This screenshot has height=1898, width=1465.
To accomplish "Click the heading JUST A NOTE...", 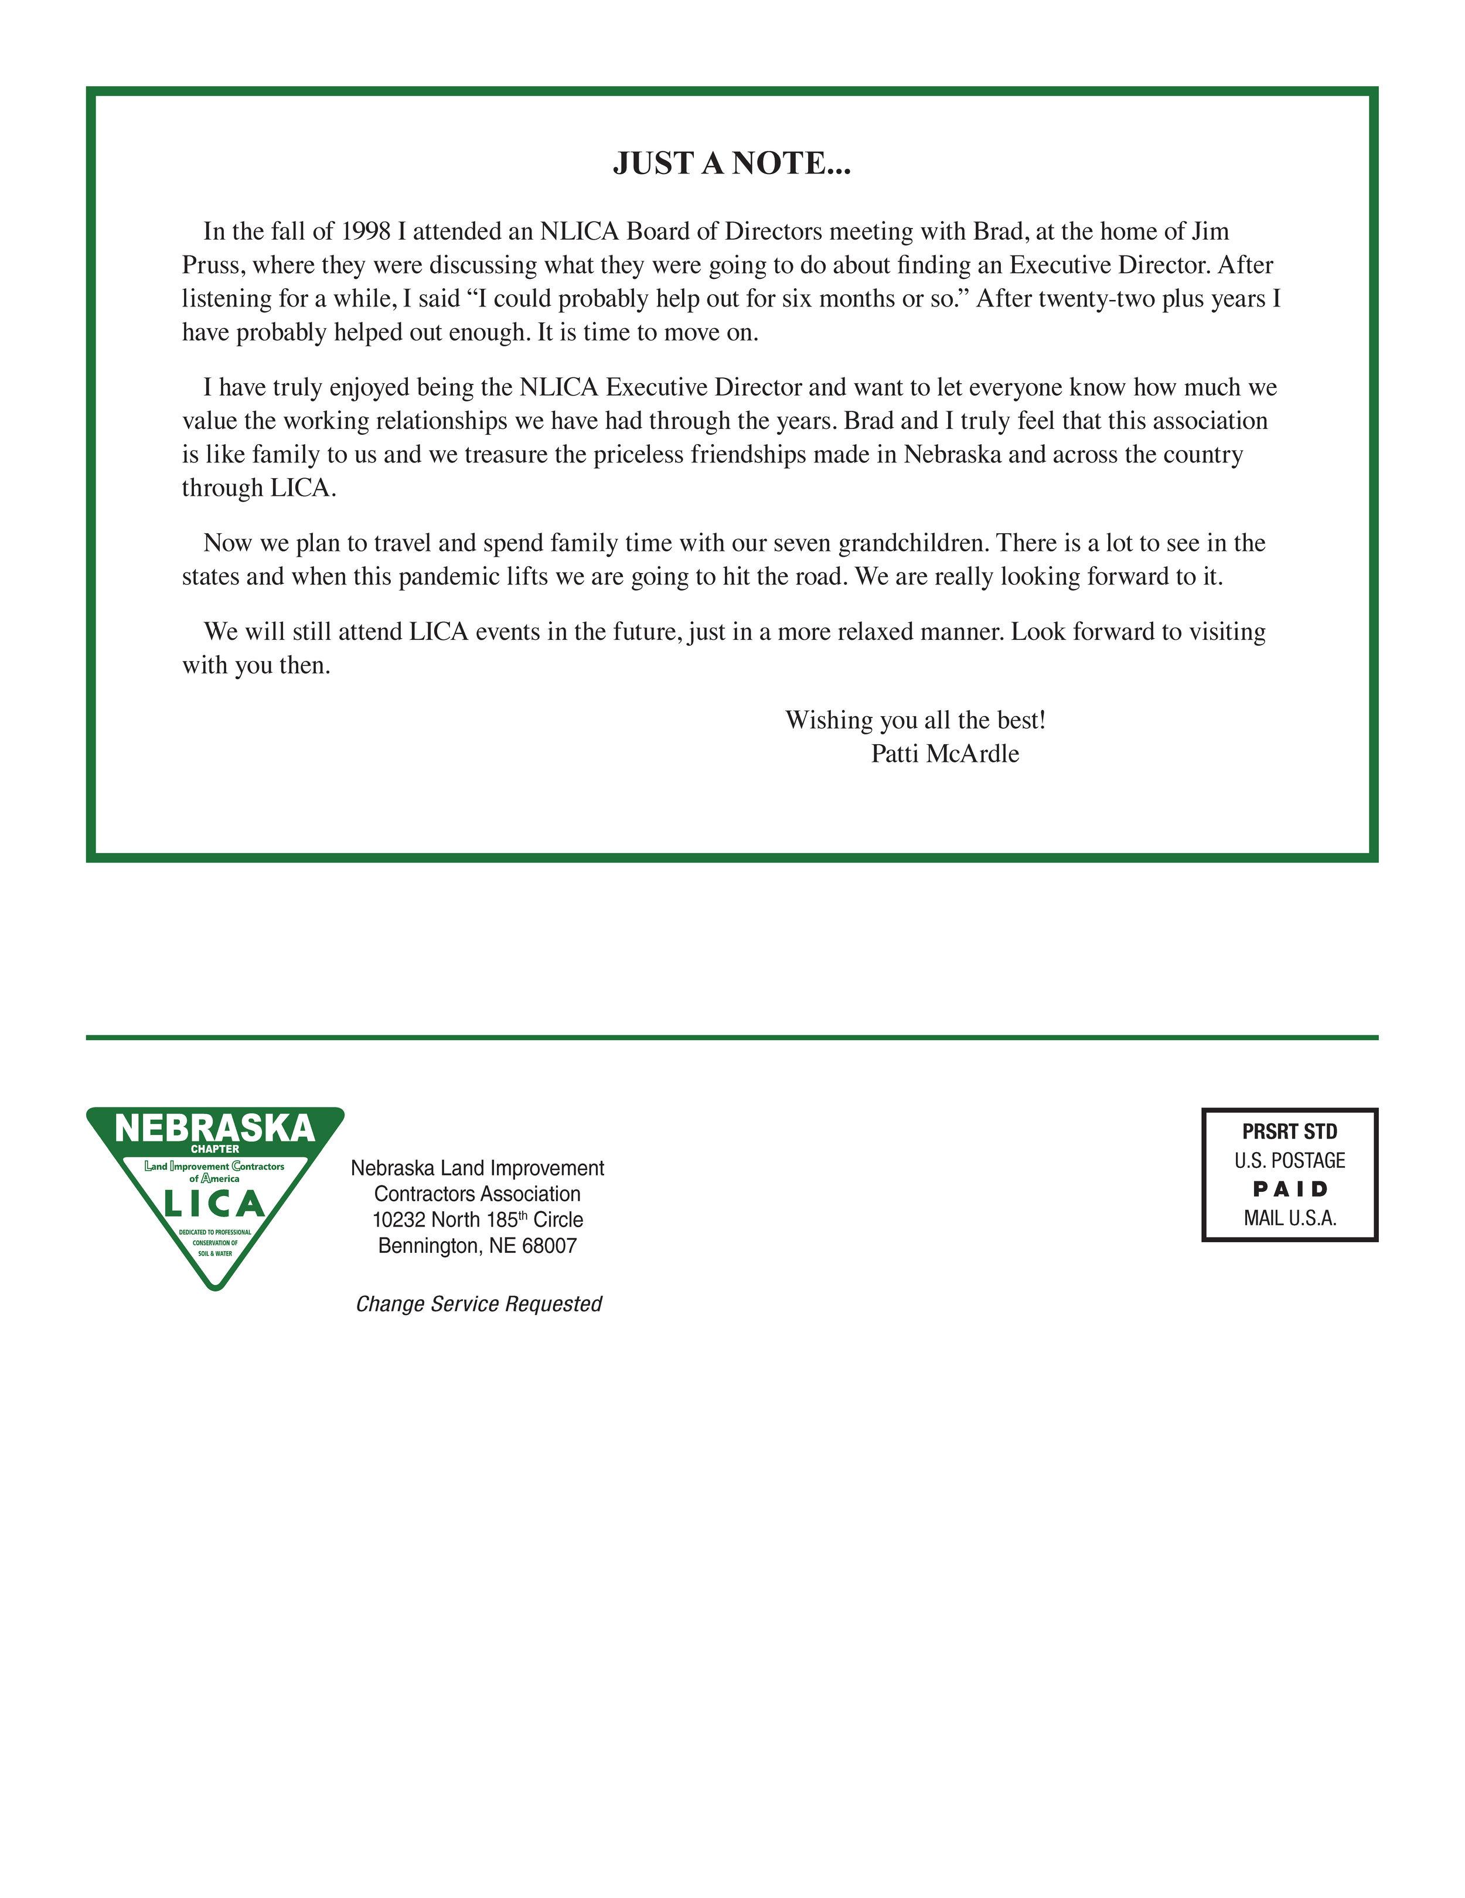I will pyautogui.click(x=732, y=163).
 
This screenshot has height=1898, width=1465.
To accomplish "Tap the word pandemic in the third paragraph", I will pyautogui.click(x=449, y=577).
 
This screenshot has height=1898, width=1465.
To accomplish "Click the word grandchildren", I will pyautogui.click(x=913, y=543).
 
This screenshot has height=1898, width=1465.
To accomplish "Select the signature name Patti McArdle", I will pyautogui.click(x=945, y=754).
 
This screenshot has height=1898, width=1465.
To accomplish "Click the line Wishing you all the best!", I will pyautogui.click(x=915, y=720).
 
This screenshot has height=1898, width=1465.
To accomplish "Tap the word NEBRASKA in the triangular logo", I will pyautogui.click(x=214, y=1128).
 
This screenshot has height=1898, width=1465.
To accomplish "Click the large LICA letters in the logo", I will pyautogui.click(x=214, y=1205).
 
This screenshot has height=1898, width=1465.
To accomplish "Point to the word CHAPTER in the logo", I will pyautogui.click(x=214, y=1149).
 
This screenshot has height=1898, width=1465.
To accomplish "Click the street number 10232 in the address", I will pyautogui.click(x=399, y=1220).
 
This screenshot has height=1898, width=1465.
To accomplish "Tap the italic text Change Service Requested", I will pyautogui.click(x=479, y=1304).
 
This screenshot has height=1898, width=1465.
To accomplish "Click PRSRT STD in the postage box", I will pyautogui.click(x=1289, y=1132).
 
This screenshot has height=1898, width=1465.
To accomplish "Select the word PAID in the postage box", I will pyautogui.click(x=1289, y=1189).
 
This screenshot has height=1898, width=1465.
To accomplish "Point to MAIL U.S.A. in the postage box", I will pyautogui.click(x=1289, y=1218).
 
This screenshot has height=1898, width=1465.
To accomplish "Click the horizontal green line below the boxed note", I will pyautogui.click(x=732, y=1037).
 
